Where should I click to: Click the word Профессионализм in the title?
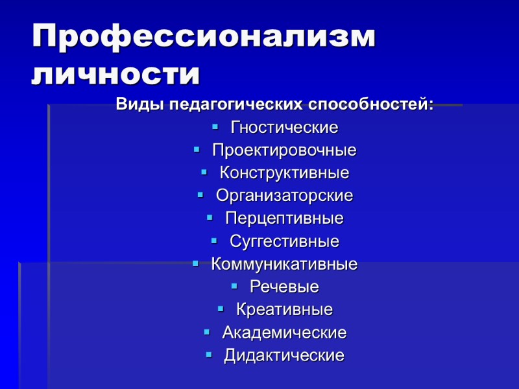[204, 37]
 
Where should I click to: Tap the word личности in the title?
[115, 74]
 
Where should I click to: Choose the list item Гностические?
[284, 127]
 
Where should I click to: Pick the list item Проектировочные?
[284, 150]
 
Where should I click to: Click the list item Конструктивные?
[284, 173]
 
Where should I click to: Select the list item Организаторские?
[284, 196]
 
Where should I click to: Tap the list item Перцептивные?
[284, 218]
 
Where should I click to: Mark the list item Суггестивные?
[284, 242]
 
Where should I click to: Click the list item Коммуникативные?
[284, 265]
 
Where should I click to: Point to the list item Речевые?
[284, 287]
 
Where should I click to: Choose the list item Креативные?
[284, 310]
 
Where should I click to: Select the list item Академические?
[284, 333]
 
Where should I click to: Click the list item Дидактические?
[284, 356]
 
